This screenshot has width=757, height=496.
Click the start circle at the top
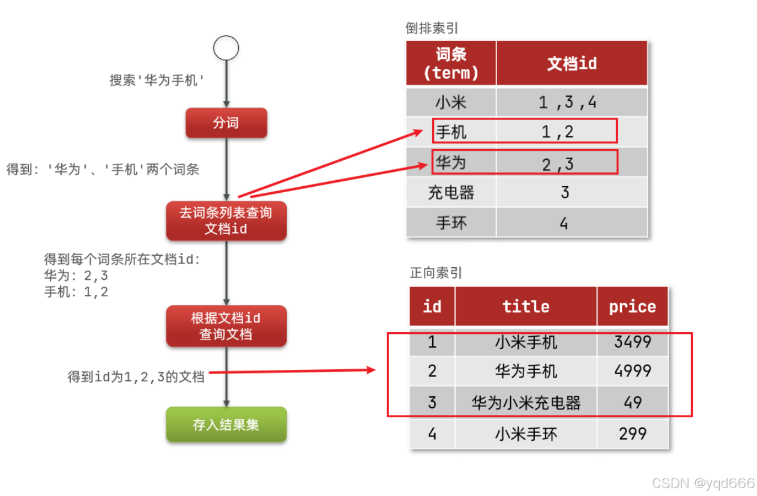tap(226, 48)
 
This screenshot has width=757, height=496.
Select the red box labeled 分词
tap(226, 123)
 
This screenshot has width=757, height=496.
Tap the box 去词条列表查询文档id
tap(226, 220)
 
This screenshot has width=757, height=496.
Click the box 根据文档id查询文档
tap(226, 326)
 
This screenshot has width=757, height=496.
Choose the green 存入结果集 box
tap(226, 425)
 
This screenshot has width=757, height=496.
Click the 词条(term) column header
tap(451, 63)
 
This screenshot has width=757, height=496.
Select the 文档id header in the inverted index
tap(572, 63)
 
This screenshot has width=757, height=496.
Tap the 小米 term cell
tap(451, 102)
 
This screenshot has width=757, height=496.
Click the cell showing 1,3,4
tap(567, 102)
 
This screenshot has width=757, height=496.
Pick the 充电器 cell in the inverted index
tap(451, 192)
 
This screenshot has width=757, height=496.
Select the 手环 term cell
tap(451, 223)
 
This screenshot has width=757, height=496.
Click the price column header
tap(632, 307)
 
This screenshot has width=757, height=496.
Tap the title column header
tap(526, 307)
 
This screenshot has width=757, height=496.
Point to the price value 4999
tap(633, 371)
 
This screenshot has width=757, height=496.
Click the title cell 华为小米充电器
tap(526, 402)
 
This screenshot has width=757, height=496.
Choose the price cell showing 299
tap(633, 434)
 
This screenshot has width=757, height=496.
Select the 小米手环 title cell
tap(526, 434)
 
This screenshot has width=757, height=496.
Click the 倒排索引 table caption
tap(432, 28)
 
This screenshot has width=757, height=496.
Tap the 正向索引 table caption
tap(436, 273)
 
